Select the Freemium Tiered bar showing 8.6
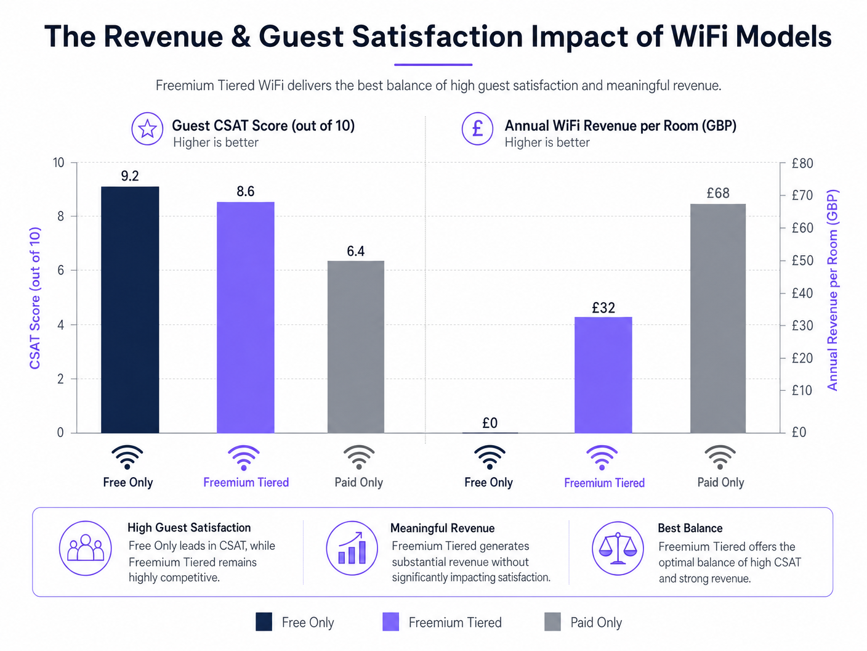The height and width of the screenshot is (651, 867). click(245, 317)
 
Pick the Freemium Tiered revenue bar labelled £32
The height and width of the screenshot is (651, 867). click(603, 375)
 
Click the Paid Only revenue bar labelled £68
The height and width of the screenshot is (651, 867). click(717, 318)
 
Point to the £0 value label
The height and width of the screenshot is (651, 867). click(490, 423)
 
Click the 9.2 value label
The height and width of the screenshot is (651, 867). click(130, 176)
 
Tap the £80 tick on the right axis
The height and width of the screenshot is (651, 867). click(802, 163)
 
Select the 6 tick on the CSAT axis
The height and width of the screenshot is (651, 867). click(60, 271)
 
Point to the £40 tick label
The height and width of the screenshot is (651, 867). click(802, 293)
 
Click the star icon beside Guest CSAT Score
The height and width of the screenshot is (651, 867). click(147, 129)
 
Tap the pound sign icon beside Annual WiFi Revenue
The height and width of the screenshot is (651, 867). click(477, 129)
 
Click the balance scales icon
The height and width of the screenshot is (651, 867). click(618, 548)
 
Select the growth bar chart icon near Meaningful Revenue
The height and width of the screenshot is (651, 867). click(352, 548)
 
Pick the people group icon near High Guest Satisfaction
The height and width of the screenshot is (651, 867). click(86, 548)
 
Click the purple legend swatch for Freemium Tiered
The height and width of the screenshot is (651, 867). click(390, 622)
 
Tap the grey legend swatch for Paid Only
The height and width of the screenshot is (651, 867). click(552, 622)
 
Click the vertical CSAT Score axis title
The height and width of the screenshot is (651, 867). click(35, 298)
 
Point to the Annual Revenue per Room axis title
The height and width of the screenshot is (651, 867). click(833, 290)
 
